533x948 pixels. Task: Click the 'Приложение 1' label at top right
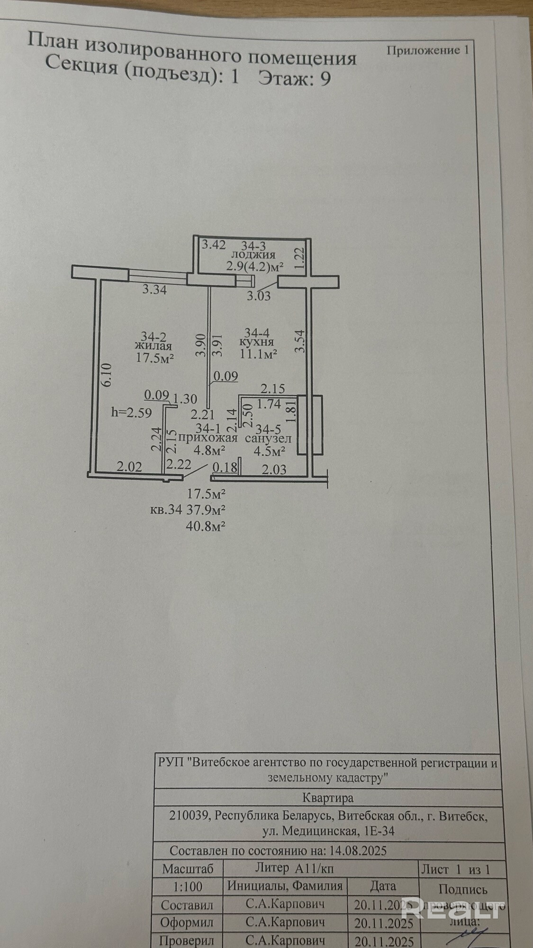pyautogui.click(x=427, y=51)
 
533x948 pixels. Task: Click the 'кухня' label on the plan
pyautogui.click(x=256, y=342)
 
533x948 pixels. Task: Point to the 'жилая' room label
pyautogui.click(x=152, y=346)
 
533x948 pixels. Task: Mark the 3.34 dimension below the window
pyautogui.click(x=154, y=290)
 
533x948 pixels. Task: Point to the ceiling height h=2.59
pyautogui.click(x=131, y=413)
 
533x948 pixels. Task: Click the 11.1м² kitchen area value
pyautogui.click(x=258, y=354)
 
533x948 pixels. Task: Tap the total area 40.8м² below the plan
pyautogui.click(x=206, y=525)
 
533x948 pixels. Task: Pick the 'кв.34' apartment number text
pyautogui.click(x=166, y=510)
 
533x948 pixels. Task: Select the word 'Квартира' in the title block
pyautogui.click(x=328, y=797)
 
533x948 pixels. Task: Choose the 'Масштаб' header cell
pyautogui.click(x=188, y=868)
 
